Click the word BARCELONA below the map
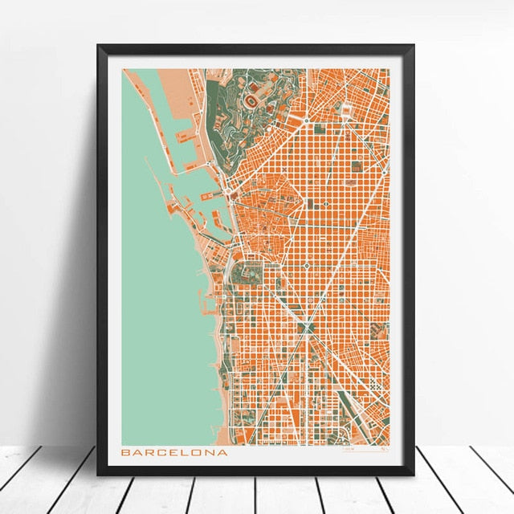pyautogui.click(x=173, y=452)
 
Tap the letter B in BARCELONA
pyautogui.click(x=125, y=452)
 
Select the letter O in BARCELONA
pyautogui.click(x=198, y=452)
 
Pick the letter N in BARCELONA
pyautogui.click(x=210, y=452)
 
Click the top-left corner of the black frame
pyautogui.click(x=100, y=47)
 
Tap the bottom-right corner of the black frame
pyautogui.click(x=412, y=474)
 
